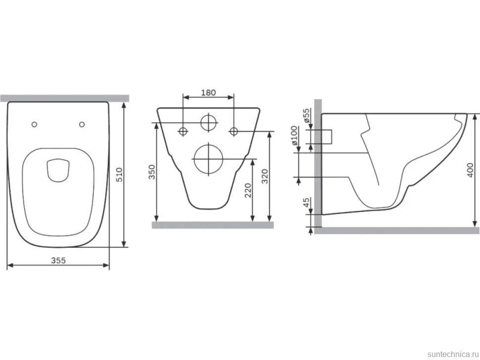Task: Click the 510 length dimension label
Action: tap(119, 175)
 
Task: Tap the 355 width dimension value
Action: tap(58, 260)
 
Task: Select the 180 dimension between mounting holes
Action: tap(208, 92)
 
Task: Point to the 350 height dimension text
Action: tap(152, 172)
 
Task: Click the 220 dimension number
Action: tap(248, 190)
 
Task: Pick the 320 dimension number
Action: tap(265, 176)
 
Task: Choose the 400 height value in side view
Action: tap(470, 170)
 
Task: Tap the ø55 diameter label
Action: tap(306, 116)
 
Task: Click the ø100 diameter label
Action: tap(294, 135)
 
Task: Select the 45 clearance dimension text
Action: tap(306, 202)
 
